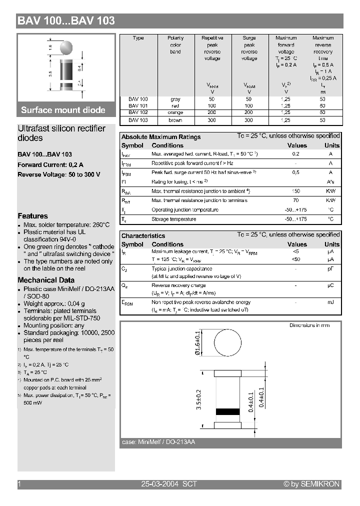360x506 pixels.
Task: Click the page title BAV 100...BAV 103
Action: tap(66, 20)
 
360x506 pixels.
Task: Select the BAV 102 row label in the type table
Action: tap(138, 113)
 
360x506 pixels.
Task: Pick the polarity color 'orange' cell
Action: tap(175, 113)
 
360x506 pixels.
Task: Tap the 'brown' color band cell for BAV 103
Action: tap(175, 120)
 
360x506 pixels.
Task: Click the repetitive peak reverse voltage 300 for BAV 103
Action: tap(212, 120)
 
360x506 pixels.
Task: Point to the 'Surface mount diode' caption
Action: tap(63, 110)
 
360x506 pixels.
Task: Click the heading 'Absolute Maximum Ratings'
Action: tap(161, 137)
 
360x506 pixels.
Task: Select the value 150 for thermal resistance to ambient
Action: tap(296, 191)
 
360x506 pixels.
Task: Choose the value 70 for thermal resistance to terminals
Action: tap(296, 200)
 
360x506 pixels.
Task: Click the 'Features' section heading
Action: tap(32, 216)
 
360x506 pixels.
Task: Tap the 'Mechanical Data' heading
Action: tap(46, 280)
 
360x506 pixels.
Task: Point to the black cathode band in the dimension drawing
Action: tap(227, 412)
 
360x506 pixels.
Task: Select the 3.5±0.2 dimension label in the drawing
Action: tap(198, 400)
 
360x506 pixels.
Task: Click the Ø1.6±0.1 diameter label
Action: tap(197, 344)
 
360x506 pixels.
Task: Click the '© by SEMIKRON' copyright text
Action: tap(311, 484)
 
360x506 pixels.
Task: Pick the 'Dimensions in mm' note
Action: tap(309, 325)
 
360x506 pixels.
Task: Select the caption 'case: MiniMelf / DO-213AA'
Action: tap(158, 442)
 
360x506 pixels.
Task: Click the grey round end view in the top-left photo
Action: tap(65, 47)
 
